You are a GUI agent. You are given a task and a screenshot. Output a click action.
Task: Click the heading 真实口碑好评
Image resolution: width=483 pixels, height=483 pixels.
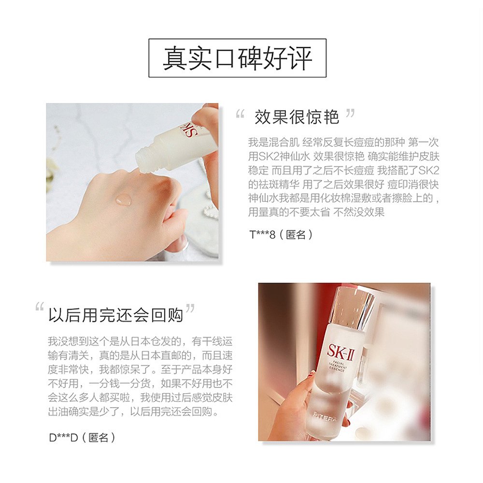pos(237,58)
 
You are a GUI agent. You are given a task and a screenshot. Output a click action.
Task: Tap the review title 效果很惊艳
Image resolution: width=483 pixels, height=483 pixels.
pos(297,116)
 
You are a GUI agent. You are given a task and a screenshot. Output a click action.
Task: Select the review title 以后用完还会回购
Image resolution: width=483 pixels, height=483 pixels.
pos(115,314)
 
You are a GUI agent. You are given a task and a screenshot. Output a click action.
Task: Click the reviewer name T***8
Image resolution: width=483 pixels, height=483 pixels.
pos(262,235)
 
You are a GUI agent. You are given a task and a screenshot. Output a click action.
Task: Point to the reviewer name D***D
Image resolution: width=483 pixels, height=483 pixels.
pos(60,438)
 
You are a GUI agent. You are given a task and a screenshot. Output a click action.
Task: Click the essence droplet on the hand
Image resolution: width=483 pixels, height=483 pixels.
pos(123,199)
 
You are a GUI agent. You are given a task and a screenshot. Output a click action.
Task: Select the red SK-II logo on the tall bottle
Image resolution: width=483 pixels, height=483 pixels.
pos(341,350)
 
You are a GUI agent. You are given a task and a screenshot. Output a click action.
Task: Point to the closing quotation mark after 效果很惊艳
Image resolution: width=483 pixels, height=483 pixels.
pos(351,114)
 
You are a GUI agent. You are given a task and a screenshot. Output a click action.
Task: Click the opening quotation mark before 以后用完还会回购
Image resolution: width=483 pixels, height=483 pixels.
pos(40,308)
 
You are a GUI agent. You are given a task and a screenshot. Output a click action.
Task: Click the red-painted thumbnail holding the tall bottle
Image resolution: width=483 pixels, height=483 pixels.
pos(313,373)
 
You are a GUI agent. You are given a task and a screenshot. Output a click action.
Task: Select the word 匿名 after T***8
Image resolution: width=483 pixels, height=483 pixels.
pos(295,235)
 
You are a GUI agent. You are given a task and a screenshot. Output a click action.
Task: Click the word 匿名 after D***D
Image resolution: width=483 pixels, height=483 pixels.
pos(99,438)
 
